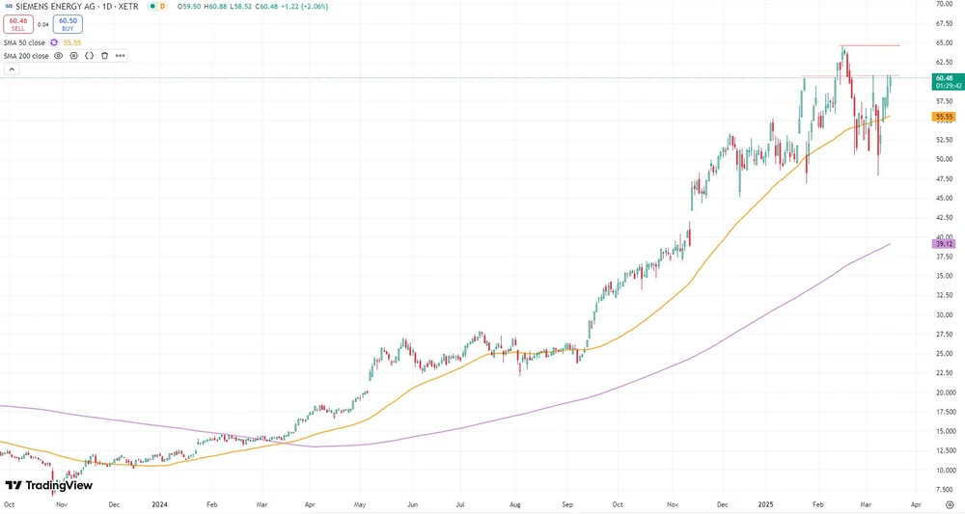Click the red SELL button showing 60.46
point(17,23)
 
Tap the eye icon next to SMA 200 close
point(58,56)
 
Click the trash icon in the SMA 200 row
point(104,56)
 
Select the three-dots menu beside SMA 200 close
point(120,56)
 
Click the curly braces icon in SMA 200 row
point(89,56)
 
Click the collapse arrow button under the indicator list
point(11,69)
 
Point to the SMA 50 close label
point(25,42)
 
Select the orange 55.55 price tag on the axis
point(945,116)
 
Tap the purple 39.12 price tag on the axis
point(945,244)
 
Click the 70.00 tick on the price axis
point(945,4)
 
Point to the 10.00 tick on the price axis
point(945,470)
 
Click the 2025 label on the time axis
point(767,503)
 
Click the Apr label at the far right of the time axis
point(915,503)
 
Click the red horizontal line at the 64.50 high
point(873,45)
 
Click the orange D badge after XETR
point(162,6)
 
